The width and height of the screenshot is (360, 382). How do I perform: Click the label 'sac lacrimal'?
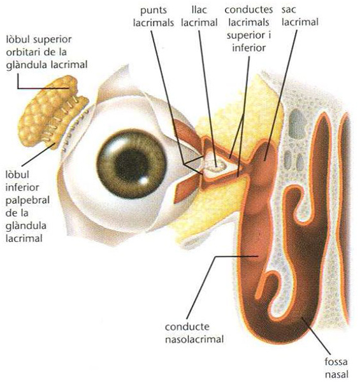(300, 16)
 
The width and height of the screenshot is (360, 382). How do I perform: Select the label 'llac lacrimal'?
(199, 16)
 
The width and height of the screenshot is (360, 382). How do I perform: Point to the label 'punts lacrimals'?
(154, 17)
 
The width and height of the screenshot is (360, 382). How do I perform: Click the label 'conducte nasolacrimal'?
(194, 333)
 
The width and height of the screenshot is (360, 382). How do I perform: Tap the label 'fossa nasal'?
(336, 368)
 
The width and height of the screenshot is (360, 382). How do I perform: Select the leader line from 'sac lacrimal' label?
(281, 95)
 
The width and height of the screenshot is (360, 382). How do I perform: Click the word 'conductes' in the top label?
(248, 10)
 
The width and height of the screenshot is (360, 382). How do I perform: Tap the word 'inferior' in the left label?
(22, 188)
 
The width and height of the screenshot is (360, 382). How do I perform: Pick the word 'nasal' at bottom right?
(337, 374)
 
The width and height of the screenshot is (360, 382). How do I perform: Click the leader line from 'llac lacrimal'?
(207, 99)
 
